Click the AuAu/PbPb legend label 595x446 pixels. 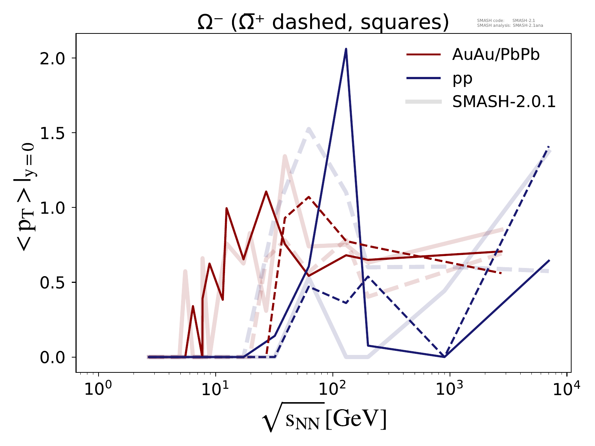496,55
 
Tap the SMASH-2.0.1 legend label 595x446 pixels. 504,101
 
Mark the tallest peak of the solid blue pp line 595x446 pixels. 346,49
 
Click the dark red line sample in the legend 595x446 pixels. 424,55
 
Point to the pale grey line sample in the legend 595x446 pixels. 424,101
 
